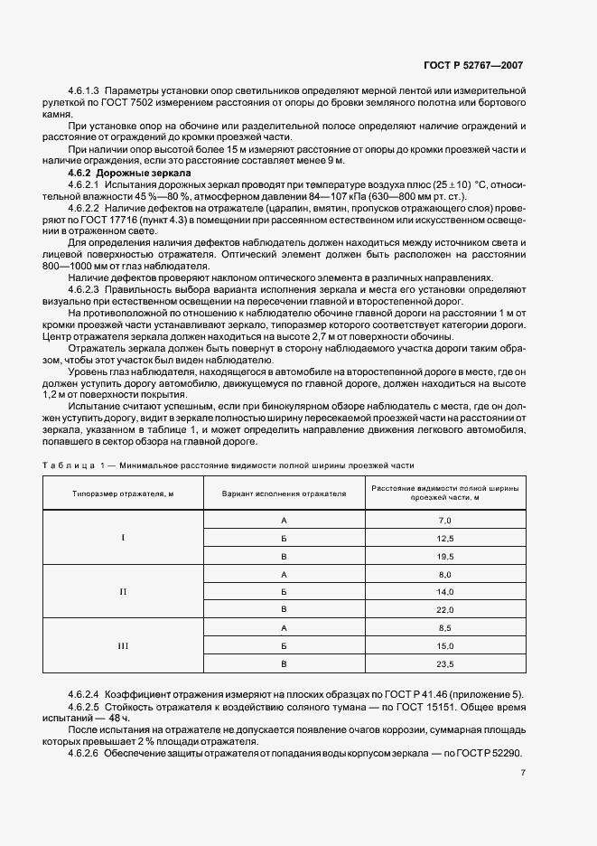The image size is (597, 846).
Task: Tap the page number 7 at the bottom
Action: coord(523,773)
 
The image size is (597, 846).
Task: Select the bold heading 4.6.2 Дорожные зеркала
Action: coord(129,172)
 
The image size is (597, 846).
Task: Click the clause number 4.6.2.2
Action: coord(86,206)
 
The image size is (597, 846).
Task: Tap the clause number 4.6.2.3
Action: coord(86,288)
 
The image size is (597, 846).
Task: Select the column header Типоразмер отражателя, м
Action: coord(123,494)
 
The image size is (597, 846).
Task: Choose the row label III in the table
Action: coord(123,646)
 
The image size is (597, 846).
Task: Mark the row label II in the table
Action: coord(123,592)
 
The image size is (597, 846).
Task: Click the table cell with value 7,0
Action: coord(444,521)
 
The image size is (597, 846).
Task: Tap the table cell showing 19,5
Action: coord(444,556)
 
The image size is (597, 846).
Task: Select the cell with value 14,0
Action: coord(444,592)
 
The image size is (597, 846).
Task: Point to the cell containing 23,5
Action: coord(444,664)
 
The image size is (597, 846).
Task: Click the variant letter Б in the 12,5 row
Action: coord(284,539)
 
